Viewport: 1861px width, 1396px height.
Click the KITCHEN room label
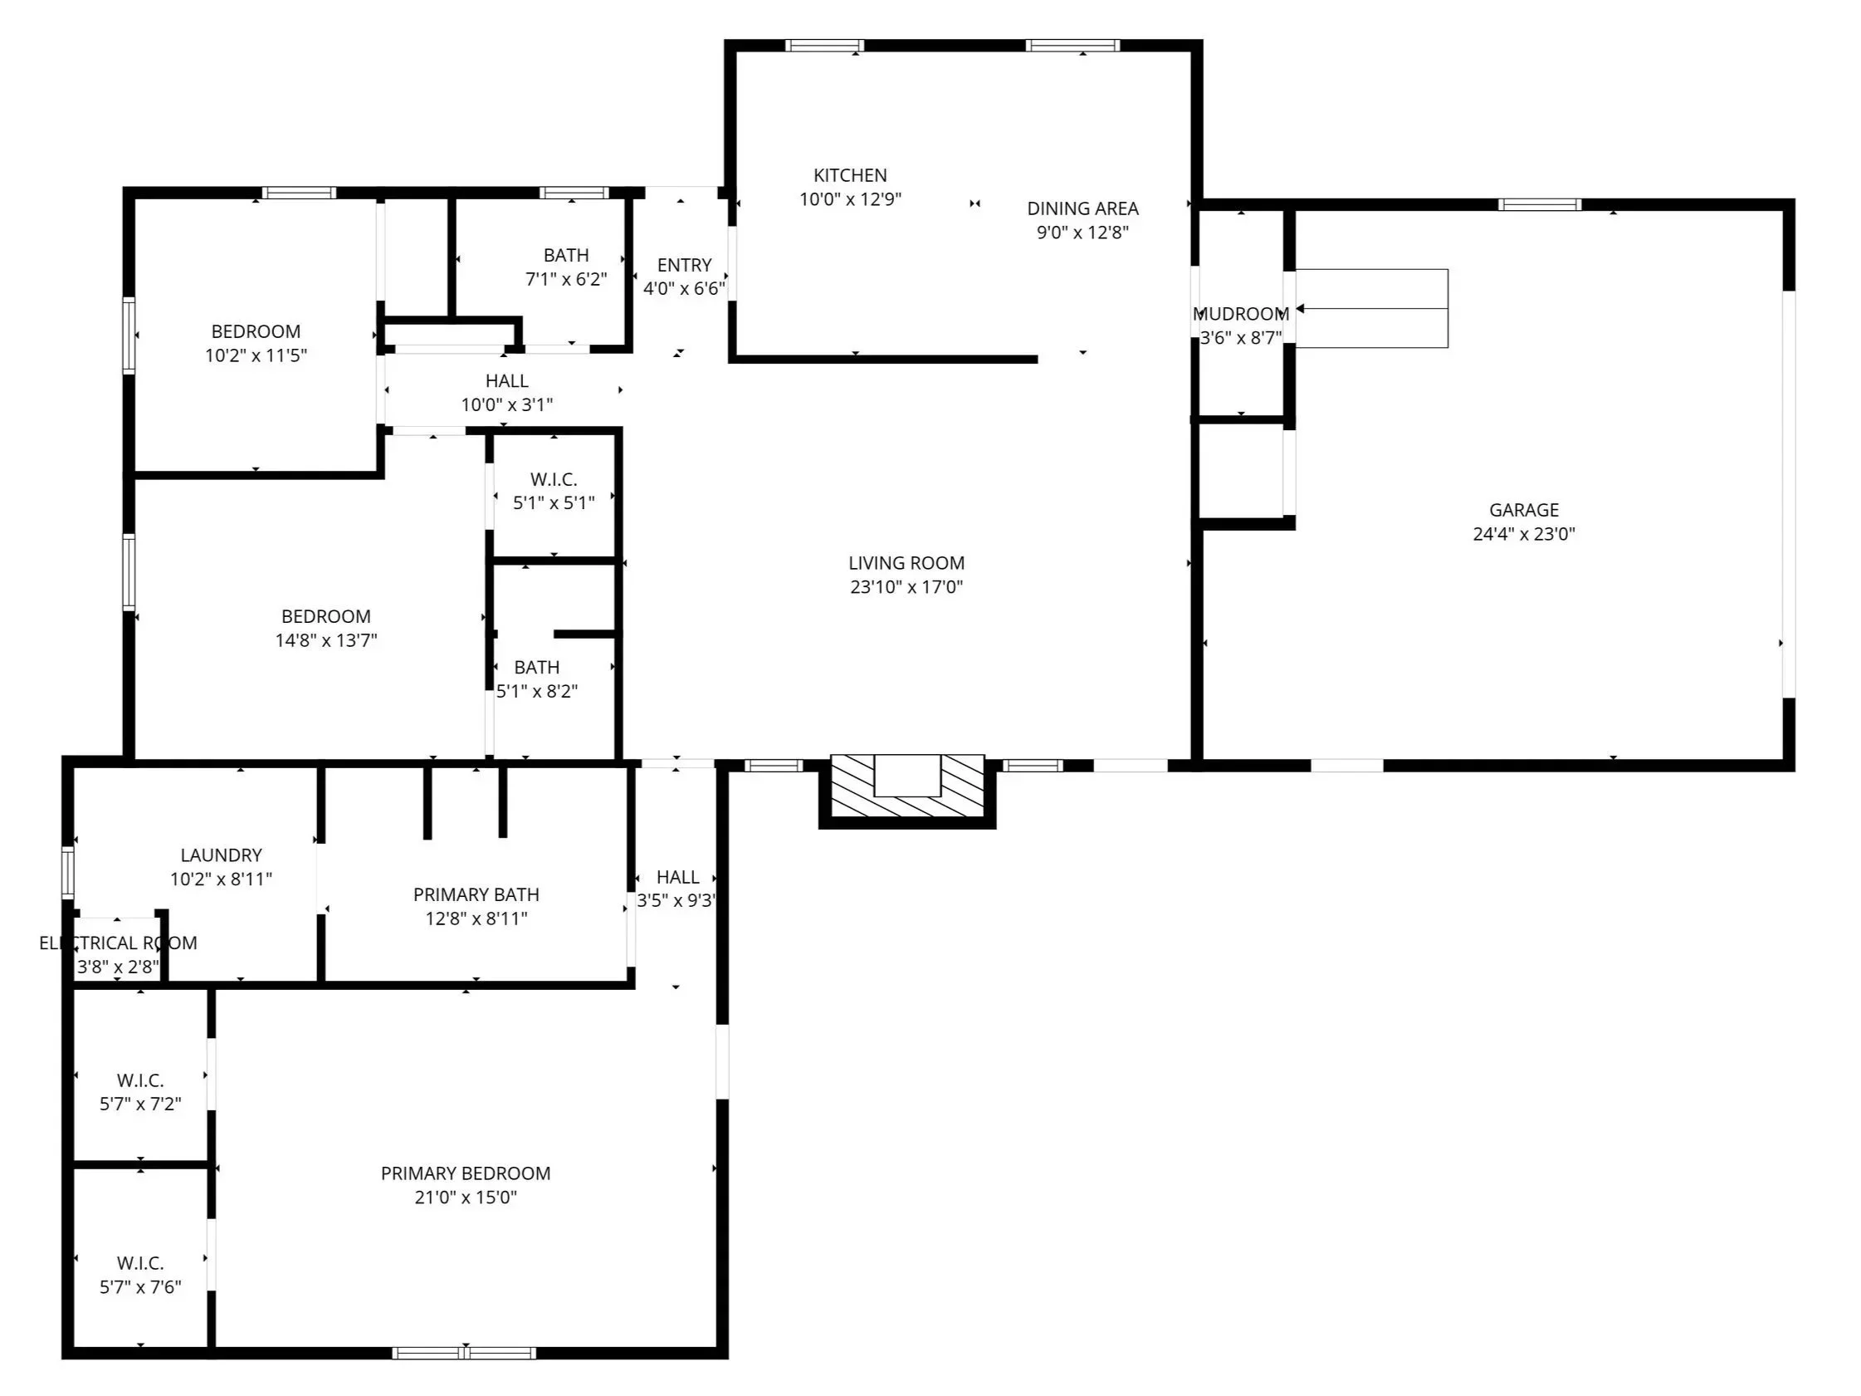tap(850, 175)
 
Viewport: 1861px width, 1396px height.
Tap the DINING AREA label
tap(1082, 208)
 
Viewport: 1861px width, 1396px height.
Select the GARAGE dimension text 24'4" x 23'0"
tap(1524, 533)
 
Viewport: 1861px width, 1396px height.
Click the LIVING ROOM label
tap(906, 563)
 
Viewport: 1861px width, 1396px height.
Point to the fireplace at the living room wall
tap(907, 786)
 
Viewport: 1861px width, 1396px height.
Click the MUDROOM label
tap(1241, 314)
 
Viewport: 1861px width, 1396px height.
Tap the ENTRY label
tap(684, 265)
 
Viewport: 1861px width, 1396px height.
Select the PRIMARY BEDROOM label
tap(465, 1173)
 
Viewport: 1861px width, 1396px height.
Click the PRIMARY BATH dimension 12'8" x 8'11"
tap(476, 918)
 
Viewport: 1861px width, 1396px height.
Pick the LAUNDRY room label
tap(222, 855)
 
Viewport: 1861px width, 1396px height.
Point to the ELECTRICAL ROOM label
tap(118, 943)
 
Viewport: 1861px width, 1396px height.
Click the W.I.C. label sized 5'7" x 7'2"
tap(140, 1080)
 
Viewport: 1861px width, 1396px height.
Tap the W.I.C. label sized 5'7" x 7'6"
tap(140, 1263)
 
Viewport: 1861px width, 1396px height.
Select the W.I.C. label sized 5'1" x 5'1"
tap(554, 480)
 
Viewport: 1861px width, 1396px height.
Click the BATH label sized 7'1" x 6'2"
tap(566, 255)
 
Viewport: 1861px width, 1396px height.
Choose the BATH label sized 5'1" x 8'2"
tap(537, 668)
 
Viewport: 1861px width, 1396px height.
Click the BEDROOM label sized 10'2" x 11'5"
tap(256, 331)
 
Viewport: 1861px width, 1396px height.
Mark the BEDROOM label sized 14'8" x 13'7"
tap(325, 616)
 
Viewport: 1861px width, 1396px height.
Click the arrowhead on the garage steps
tap(1300, 309)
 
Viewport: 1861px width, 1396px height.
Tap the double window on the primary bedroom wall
tap(464, 1353)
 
